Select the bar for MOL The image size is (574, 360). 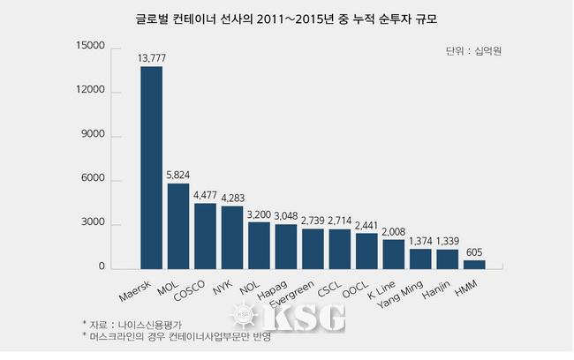pos(178,226)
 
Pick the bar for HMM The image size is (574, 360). pos(475,264)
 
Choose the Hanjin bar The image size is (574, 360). pos(448,259)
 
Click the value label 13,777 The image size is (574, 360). pos(152,58)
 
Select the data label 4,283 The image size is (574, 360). pos(232,198)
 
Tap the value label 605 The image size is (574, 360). pos(475,251)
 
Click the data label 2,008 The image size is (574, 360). pos(394,231)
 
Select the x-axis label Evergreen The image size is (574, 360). pos(296,289)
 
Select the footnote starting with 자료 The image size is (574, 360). pos(134,324)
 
